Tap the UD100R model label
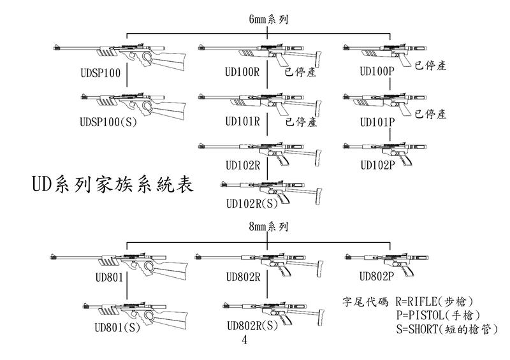(243, 72)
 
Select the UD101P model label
(377, 121)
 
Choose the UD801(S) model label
(117, 328)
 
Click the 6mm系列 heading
(268, 20)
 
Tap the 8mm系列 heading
(268, 227)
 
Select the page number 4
(245, 341)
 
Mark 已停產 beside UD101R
(301, 122)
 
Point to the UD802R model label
(243, 277)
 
